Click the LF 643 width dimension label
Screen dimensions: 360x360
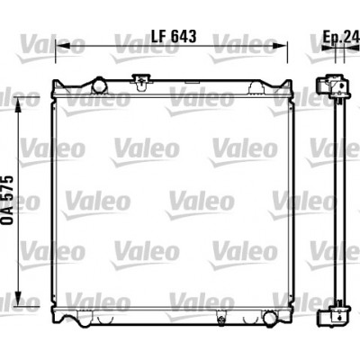(174, 36)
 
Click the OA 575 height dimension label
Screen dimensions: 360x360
(7, 200)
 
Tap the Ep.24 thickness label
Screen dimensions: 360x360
(341, 37)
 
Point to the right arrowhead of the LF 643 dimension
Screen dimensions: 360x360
(280, 46)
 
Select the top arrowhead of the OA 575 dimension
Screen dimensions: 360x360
(19, 105)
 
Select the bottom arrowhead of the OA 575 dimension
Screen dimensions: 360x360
(19, 299)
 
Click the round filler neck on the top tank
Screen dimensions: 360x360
(99, 85)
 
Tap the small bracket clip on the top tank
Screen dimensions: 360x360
(140, 82)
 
